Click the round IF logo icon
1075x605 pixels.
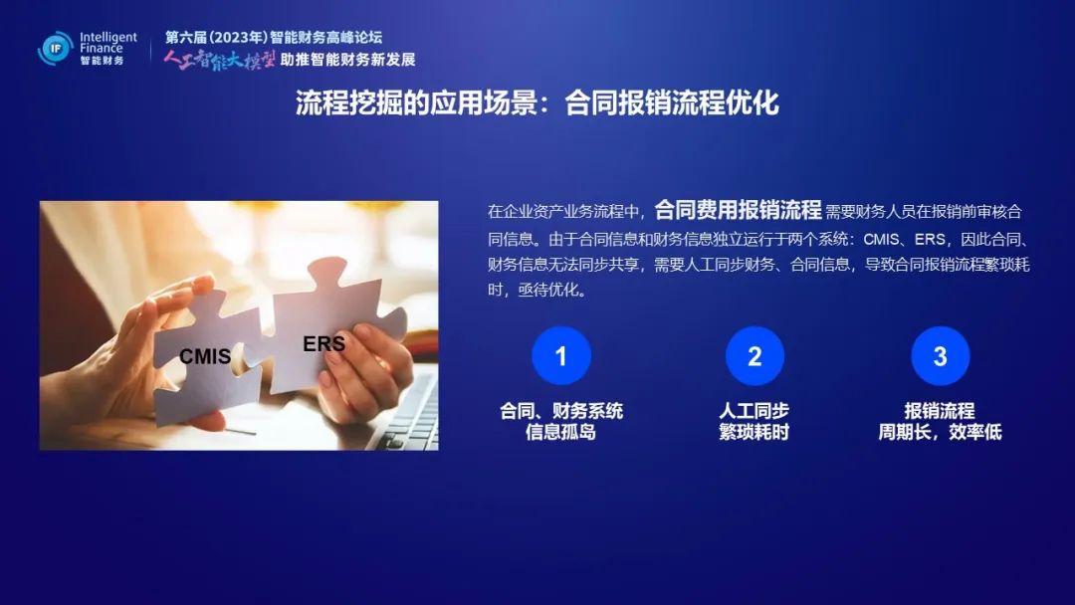tap(56, 49)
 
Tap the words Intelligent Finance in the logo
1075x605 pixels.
tap(108, 43)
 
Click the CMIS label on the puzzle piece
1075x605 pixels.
tap(205, 356)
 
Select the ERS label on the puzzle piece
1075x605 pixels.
tap(324, 343)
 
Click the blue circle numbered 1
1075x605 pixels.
tap(561, 355)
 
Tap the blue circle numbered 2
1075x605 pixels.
tap(754, 355)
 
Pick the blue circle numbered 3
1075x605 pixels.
tap(941, 355)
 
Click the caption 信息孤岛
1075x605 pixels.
tap(560, 432)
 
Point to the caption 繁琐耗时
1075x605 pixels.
tap(754, 432)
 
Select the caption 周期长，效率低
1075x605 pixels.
tap(941, 432)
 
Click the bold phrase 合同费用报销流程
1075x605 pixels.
tap(738, 210)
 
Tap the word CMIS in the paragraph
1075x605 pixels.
tap(881, 239)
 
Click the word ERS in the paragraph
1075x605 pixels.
tap(931, 239)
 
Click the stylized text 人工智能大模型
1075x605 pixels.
tap(219, 61)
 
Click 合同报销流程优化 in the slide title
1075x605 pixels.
tap(672, 103)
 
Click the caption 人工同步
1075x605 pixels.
tap(754, 411)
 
